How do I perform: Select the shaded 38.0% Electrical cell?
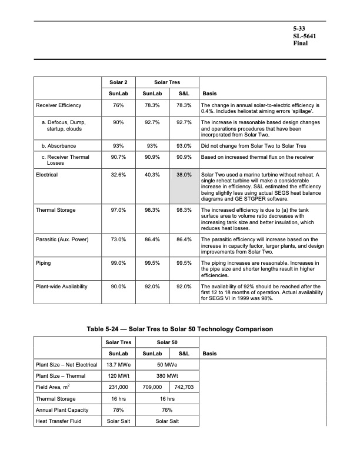coord(184,175)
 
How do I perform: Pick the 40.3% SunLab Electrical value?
coord(152,175)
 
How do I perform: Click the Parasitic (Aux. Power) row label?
coord(62,239)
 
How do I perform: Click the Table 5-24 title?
coord(179,328)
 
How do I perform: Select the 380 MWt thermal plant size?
coord(168,375)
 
